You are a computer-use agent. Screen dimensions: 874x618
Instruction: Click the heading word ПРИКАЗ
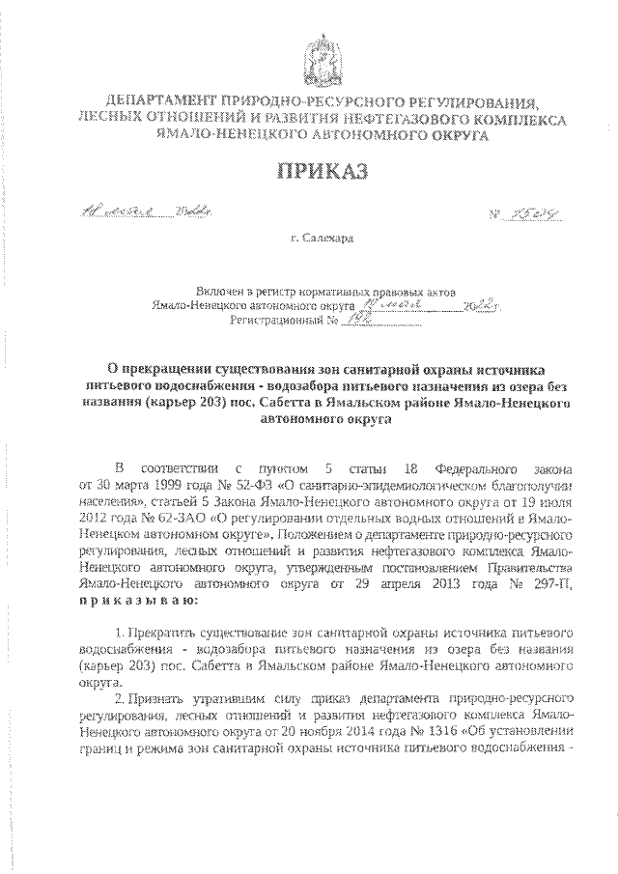tap(309, 172)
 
